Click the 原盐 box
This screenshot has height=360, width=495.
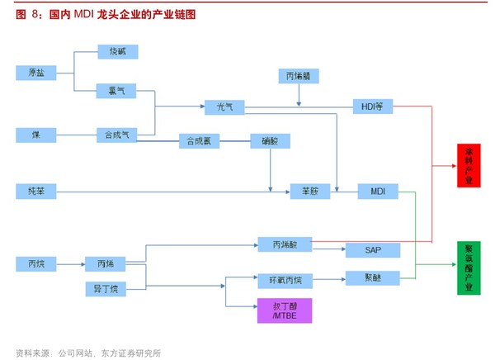[x=36, y=73]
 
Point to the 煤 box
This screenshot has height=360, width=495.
[x=36, y=134]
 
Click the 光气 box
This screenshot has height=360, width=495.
[x=225, y=107]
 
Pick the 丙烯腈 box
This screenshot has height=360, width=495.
[x=298, y=76]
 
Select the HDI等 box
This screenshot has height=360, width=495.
[x=373, y=107]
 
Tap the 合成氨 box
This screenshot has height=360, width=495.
[x=200, y=141]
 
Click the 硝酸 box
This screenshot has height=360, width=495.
[x=271, y=141]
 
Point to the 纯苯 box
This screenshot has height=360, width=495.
[x=36, y=192]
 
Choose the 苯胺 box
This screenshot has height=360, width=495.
[x=310, y=192]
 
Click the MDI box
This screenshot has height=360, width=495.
[x=377, y=192]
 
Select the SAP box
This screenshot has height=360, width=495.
[x=372, y=249]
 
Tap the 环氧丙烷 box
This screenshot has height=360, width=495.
[x=280, y=279]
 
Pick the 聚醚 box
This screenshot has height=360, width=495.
[x=372, y=278]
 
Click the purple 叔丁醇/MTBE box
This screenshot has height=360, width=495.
[x=280, y=310]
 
